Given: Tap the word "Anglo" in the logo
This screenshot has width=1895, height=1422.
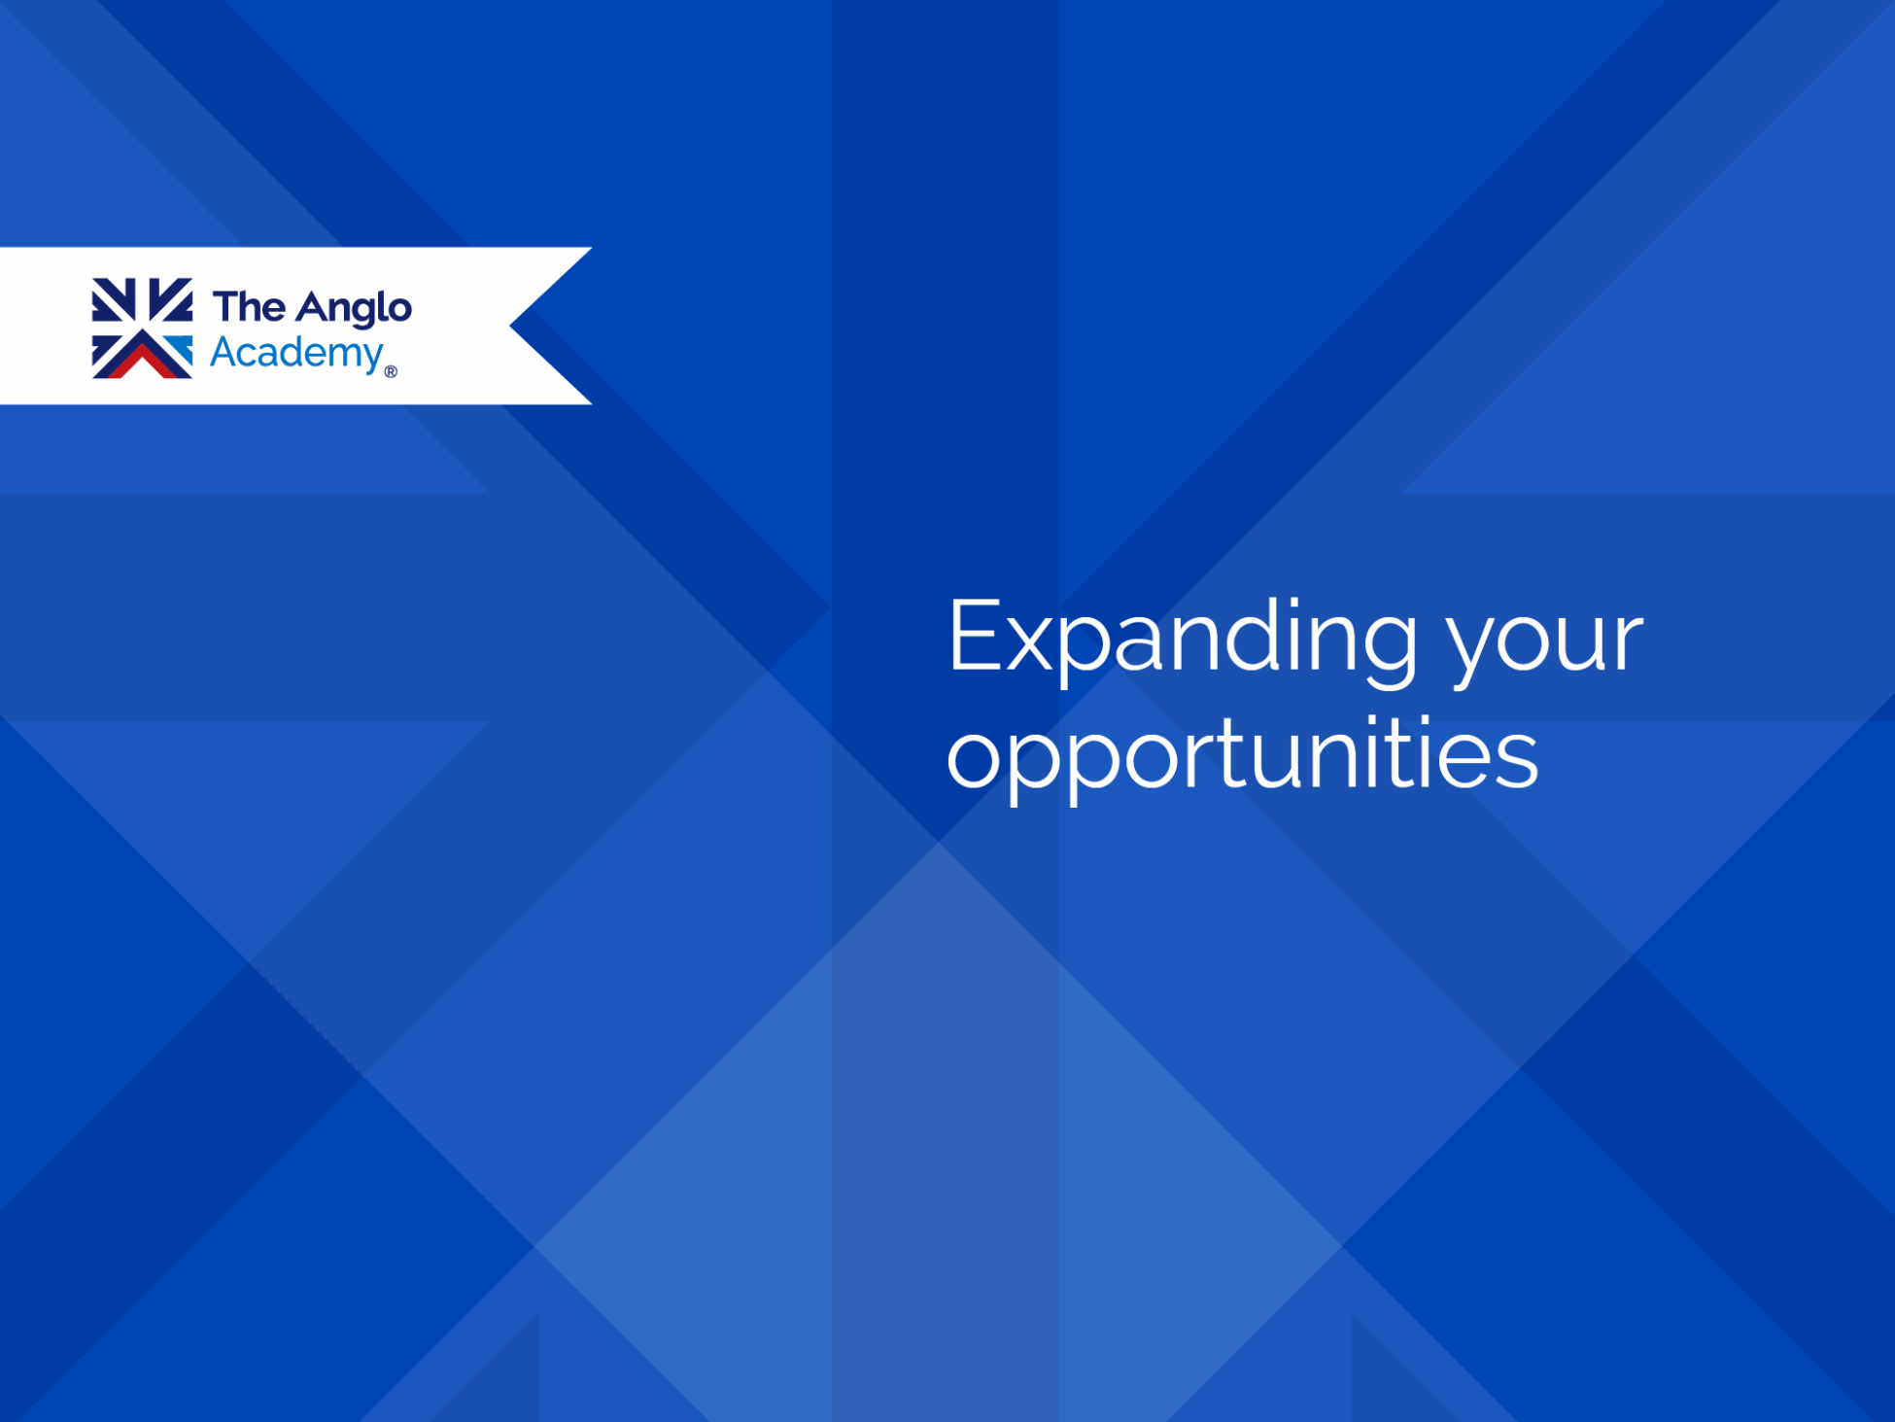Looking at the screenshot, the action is tap(355, 310).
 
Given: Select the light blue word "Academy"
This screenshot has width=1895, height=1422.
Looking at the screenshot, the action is tap(297, 354).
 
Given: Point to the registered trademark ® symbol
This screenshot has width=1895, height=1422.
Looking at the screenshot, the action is tap(391, 371).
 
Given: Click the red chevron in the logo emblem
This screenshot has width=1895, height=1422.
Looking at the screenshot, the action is tap(142, 363).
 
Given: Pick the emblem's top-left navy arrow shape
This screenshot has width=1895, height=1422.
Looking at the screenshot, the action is tap(113, 299).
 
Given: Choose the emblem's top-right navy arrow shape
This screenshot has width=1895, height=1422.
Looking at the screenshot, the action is tap(171, 299).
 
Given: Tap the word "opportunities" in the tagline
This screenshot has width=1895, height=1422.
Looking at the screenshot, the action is tap(1243, 759).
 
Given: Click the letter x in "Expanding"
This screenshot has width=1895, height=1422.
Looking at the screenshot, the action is tap(1030, 644).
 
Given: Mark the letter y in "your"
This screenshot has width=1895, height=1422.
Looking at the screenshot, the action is tap(1472, 653).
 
